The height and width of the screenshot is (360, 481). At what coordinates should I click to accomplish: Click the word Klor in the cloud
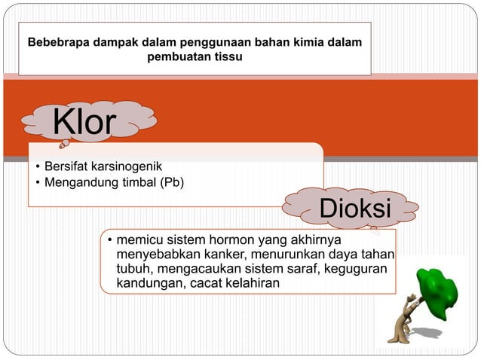[x=84, y=123]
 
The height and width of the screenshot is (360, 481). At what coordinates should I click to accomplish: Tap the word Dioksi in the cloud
[x=355, y=209]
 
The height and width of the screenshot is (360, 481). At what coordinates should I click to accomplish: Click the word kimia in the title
[x=299, y=41]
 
